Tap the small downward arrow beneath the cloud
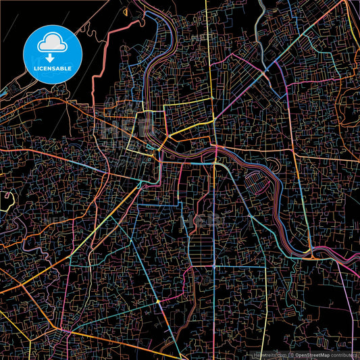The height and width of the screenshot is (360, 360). pyautogui.click(x=53, y=58)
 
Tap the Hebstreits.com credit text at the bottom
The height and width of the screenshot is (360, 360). pyautogui.click(x=267, y=354)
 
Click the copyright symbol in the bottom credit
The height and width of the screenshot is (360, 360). pyautogui.click(x=291, y=354)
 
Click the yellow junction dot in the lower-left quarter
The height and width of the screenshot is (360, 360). pyautogui.click(x=157, y=301)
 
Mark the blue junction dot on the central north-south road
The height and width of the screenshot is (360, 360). pyautogui.click(x=215, y=165)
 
